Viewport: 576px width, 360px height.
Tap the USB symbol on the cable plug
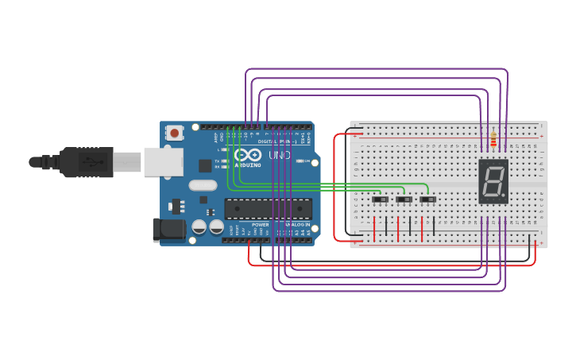pyautogui.click(x=94, y=161)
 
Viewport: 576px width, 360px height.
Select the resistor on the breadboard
pyautogui.click(x=493, y=139)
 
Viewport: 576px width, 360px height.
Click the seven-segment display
pyautogui.click(x=493, y=181)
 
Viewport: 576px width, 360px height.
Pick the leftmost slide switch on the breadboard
pyautogui.click(x=381, y=199)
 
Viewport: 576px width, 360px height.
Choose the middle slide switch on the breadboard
pyautogui.click(x=404, y=199)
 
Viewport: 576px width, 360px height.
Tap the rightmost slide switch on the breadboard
pyautogui.click(x=428, y=199)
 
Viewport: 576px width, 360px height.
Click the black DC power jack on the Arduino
pyautogui.click(x=168, y=230)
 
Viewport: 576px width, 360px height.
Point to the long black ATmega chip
pyautogui.click(x=268, y=208)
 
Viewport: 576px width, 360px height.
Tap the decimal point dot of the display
pyautogui.click(x=504, y=195)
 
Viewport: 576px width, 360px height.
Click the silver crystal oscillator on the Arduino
pyautogui.click(x=203, y=185)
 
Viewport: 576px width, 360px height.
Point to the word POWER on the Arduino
pyautogui.click(x=260, y=225)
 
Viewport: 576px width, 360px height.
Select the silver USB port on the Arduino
pyautogui.click(x=163, y=161)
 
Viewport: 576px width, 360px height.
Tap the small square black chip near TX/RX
pyautogui.click(x=206, y=165)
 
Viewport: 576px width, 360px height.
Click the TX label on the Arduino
pyautogui.click(x=218, y=161)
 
